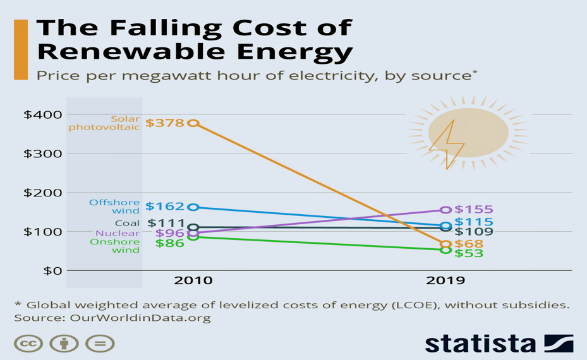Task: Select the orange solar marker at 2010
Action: click(193, 123)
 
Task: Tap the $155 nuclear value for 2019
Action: click(473, 210)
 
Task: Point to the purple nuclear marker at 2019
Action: click(445, 210)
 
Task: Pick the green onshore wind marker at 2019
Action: click(445, 250)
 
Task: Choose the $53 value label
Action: click(469, 253)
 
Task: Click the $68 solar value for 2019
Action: click(469, 244)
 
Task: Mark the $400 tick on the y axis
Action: click(42, 114)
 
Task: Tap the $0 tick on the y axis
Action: click(51, 270)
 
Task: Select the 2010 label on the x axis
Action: click(193, 280)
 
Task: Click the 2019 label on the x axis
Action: click(445, 280)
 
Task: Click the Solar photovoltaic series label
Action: click(104, 123)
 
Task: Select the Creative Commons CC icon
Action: click(28, 344)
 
